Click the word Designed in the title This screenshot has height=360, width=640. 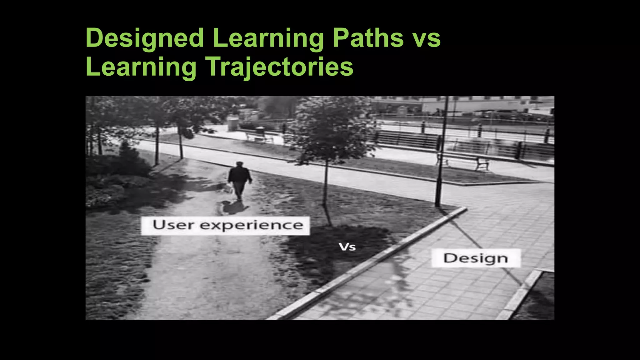(145, 38)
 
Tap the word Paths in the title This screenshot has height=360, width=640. (368, 38)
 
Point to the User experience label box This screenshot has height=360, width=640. (225, 226)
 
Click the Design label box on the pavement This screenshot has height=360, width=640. (476, 258)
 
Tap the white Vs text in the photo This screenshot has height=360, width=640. (347, 247)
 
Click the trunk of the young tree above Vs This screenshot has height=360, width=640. (326, 184)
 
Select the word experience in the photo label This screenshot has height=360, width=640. (251, 226)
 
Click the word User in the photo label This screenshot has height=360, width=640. (173, 225)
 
